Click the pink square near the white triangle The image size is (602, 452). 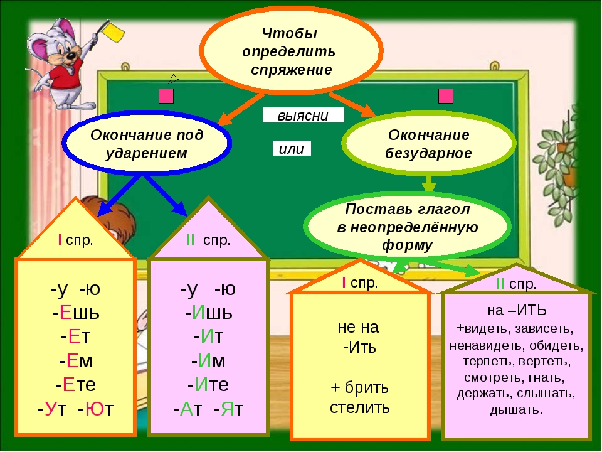pyautogui.click(x=166, y=96)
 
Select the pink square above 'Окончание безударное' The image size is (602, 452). pyautogui.click(x=446, y=96)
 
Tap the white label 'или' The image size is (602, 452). pyautogui.click(x=292, y=148)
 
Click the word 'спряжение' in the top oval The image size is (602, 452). pyautogui.click(x=291, y=69)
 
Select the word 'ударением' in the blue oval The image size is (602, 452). pyautogui.click(x=147, y=153)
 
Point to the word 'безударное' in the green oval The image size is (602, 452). pyautogui.click(x=429, y=153)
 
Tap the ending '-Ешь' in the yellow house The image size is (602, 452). pyautogui.click(x=75, y=312)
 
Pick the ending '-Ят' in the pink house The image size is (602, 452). pyautogui.click(x=228, y=409)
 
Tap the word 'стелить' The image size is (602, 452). pyautogui.click(x=360, y=407)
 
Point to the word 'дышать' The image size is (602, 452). pyautogui.click(x=515, y=410)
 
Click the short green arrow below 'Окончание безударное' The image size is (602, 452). pyautogui.click(x=429, y=184)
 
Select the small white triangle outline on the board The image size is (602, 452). pyautogui.click(x=173, y=79)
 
